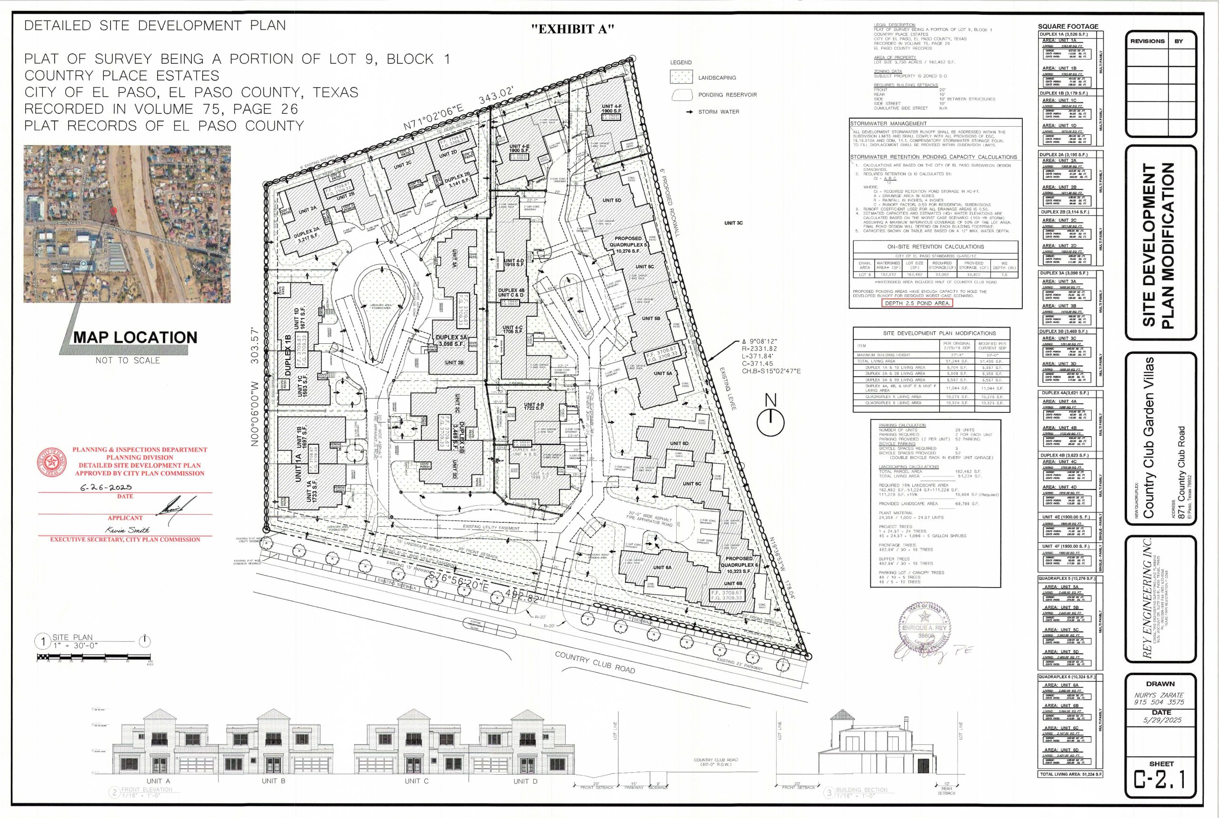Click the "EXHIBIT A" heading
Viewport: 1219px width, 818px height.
pos(572,30)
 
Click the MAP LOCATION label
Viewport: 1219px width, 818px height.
pos(135,338)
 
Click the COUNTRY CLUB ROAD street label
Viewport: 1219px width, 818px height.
pos(595,662)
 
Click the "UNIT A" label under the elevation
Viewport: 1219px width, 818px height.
pos(158,781)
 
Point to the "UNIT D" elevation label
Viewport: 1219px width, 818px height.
pos(524,781)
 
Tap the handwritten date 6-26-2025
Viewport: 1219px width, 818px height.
pos(106,487)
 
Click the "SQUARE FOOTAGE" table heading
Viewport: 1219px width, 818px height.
pos(1068,27)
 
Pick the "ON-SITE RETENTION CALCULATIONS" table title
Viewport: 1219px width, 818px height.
pos(935,247)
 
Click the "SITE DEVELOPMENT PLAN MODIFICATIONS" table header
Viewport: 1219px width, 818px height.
pos(931,333)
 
